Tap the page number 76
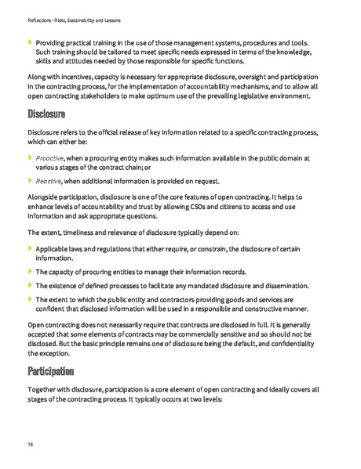(x=29, y=443)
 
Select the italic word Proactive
(x=50, y=157)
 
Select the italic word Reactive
(x=49, y=181)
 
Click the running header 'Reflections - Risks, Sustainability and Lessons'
(x=78, y=20)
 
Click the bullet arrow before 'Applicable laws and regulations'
(x=30, y=248)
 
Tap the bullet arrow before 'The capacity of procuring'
(x=30, y=271)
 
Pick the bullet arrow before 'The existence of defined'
(x=30, y=285)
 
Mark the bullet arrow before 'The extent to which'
(x=30, y=299)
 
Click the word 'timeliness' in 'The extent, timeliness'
(x=81, y=233)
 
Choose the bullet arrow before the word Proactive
(x=30, y=157)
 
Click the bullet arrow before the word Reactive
(x=30, y=181)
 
